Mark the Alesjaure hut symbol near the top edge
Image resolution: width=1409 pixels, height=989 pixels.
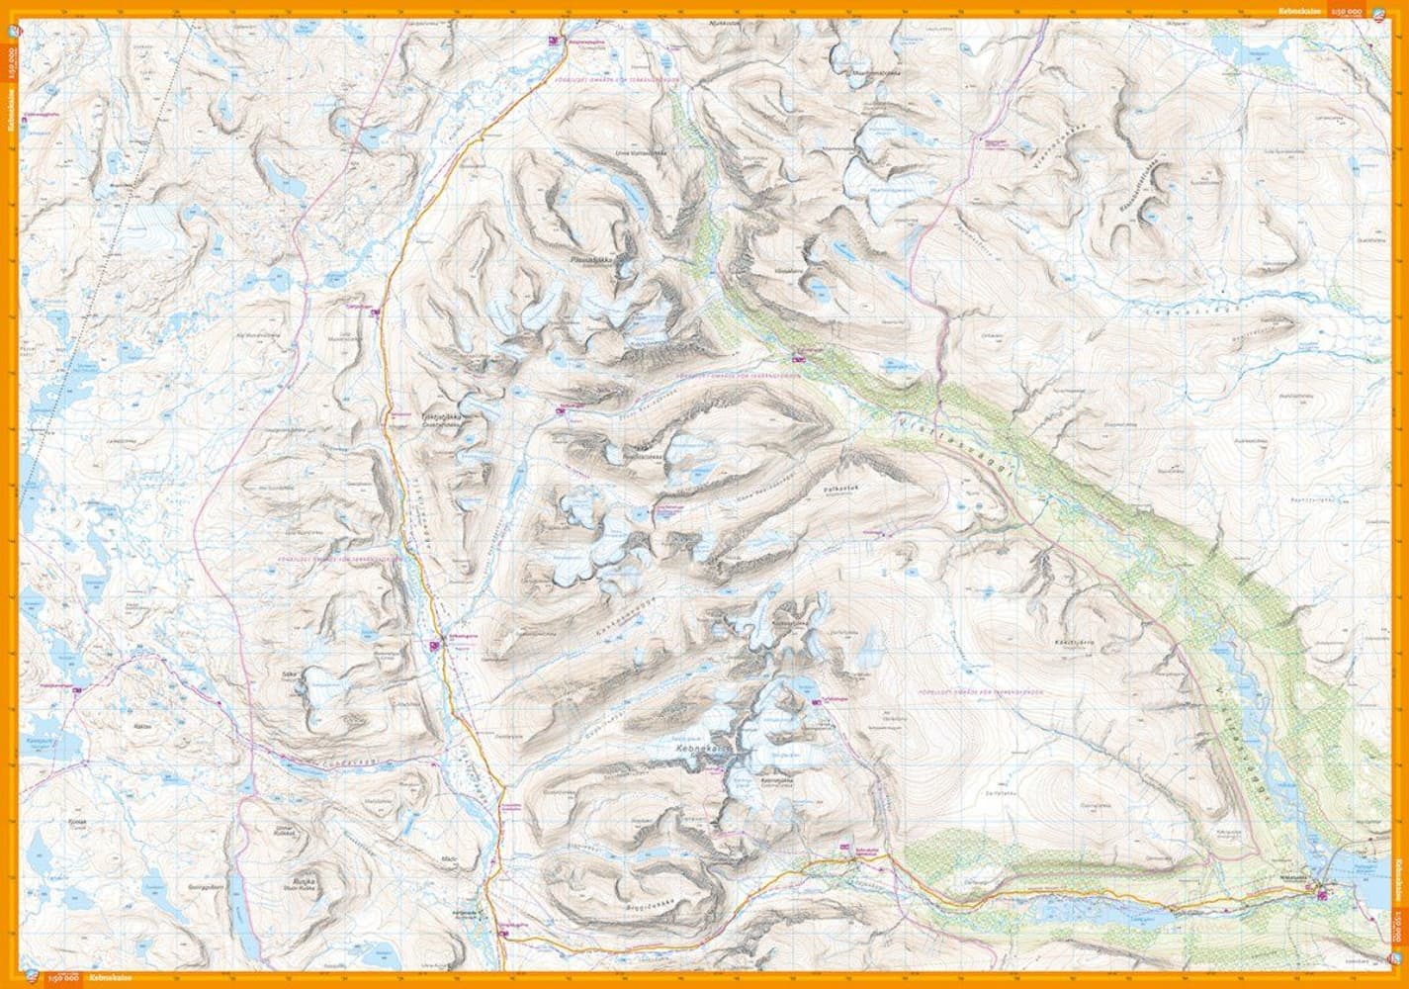tap(556, 42)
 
